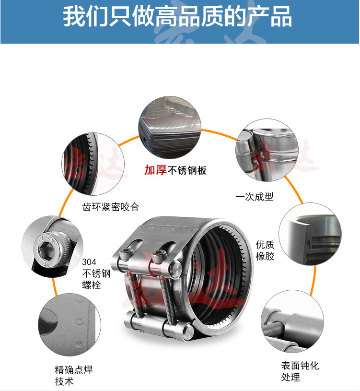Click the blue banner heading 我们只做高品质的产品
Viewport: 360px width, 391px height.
pos(177,16)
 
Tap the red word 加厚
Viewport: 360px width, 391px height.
pos(155,170)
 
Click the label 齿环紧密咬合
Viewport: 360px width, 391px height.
pos(111,207)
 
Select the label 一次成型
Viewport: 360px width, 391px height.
pos(255,197)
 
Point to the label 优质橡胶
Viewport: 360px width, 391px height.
pos(265,250)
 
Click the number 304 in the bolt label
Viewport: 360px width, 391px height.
pos(89,262)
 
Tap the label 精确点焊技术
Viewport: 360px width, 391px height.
pos(74,375)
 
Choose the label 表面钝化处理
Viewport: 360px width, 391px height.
pos(300,371)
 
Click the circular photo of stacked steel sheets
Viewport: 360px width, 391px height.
pos(170,127)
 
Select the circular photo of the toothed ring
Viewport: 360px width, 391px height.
pos(93,164)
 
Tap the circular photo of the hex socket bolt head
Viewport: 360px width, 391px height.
pos(52,247)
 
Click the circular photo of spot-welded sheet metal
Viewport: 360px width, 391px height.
pos(70,325)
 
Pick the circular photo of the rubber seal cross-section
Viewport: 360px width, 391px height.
pos(310,234)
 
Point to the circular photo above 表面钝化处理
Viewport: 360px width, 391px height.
pos(292,321)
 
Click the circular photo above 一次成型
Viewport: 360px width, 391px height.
pos(267,150)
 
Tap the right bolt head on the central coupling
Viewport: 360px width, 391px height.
pos(159,257)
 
